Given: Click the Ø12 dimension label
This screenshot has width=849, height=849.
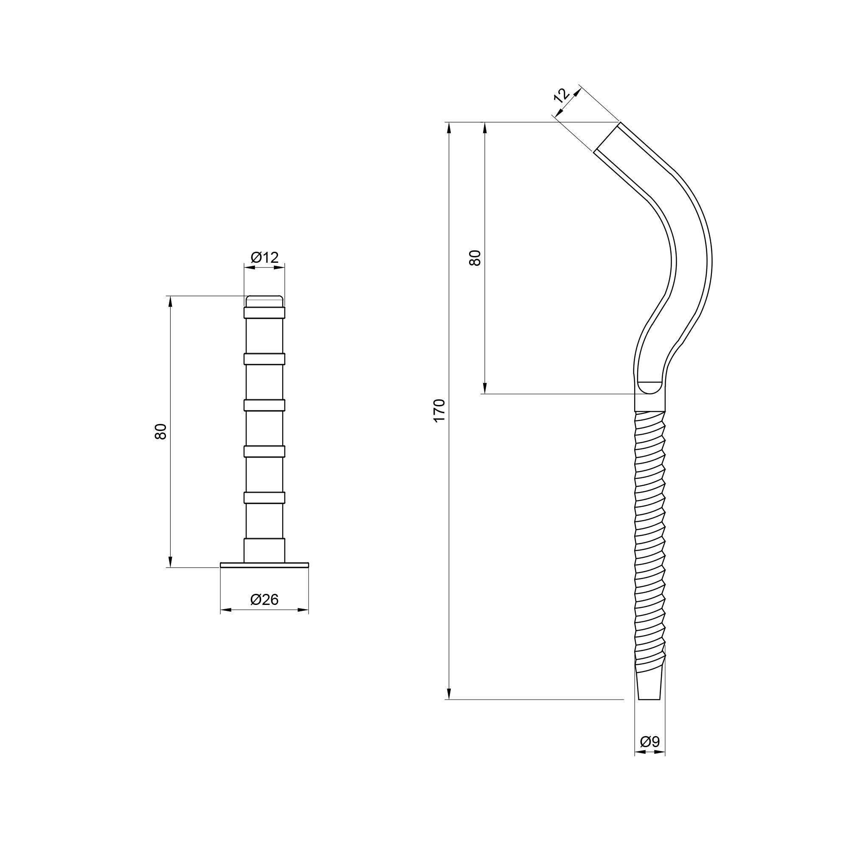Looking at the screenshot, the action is pos(264,257).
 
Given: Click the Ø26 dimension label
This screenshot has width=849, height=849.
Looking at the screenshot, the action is pos(264,599).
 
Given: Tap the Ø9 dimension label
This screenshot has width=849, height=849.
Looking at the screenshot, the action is pos(650,741).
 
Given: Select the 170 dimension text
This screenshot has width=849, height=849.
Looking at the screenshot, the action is pos(439,410).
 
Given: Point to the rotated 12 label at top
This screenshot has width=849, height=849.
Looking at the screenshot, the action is pos(562,96).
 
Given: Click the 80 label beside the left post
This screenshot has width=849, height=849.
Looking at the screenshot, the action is pos(161,432).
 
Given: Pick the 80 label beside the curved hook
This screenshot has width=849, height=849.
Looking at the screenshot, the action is pos(475,258).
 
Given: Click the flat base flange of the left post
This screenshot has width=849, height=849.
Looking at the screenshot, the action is pos(264,565).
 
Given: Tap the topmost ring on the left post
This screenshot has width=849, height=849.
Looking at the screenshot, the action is pos(264,312).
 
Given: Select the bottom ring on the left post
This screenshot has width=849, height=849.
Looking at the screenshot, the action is pos(264,498).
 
